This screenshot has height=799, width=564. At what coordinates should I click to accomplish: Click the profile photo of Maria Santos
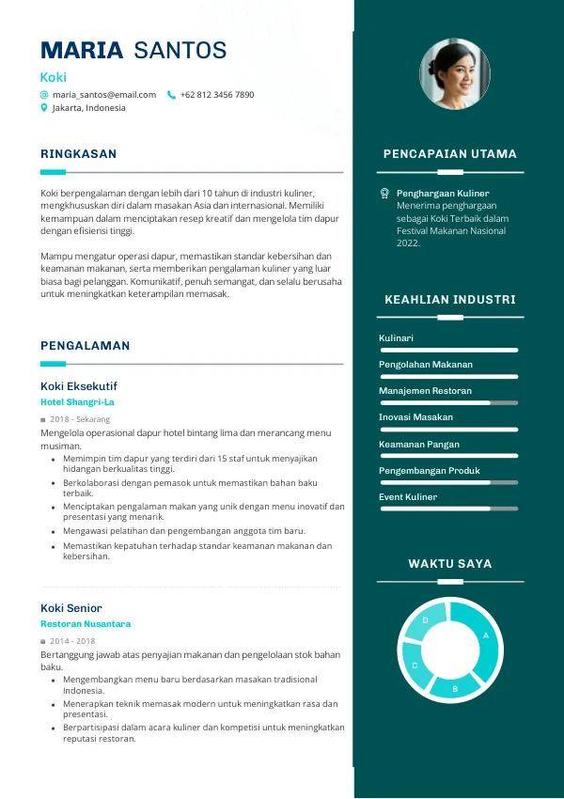[x=455, y=73]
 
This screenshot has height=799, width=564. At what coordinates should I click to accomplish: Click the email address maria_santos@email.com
[x=104, y=95]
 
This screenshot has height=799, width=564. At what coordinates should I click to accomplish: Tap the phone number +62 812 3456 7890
[x=217, y=95]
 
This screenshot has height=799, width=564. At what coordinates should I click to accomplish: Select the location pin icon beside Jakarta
[x=44, y=108]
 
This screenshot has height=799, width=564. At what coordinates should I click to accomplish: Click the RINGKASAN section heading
[x=79, y=154]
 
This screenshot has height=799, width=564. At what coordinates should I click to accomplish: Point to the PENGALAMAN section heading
[x=86, y=346]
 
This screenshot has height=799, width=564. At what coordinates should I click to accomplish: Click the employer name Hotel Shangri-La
[x=77, y=402]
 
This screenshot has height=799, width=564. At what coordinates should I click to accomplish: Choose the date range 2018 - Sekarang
[x=80, y=419]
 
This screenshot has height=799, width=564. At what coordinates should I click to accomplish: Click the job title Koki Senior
[x=71, y=608]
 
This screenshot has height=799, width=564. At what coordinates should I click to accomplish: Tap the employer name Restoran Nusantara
[x=86, y=624]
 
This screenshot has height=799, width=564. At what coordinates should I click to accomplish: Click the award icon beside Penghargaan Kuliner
[x=384, y=193]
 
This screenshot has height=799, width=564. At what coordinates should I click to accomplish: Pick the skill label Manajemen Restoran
[x=425, y=391]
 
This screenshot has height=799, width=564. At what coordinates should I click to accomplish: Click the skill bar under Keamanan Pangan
[x=448, y=456]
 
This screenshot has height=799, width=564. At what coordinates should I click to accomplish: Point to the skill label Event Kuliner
[x=408, y=497]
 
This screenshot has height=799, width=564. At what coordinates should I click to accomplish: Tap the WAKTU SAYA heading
[x=449, y=564]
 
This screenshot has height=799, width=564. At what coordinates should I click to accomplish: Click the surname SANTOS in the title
[x=180, y=51]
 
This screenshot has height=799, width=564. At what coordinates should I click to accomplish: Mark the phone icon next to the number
[x=171, y=95]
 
